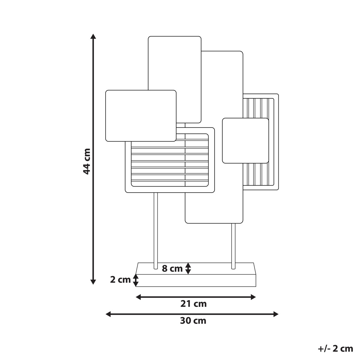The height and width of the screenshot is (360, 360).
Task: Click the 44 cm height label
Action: [x=87, y=161]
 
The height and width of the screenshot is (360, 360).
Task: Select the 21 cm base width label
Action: [x=193, y=304]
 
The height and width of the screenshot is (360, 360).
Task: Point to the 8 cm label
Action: [x=172, y=268]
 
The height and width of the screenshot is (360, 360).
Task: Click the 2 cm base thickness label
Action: [x=120, y=280]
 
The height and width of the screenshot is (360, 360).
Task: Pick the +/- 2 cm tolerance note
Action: [x=335, y=349]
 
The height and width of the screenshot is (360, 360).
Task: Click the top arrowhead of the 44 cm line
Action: [x=93, y=36]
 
